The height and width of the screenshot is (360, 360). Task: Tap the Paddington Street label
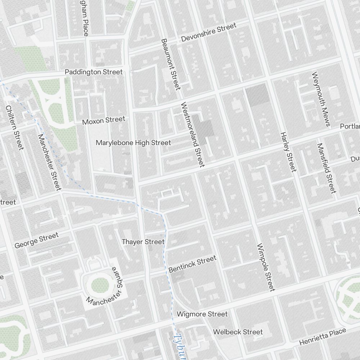[x=94, y=72]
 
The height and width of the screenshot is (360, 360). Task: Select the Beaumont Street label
[x=170, y=64]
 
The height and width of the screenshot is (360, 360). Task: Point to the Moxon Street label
[x=104, y=120]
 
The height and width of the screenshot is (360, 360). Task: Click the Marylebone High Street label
[x=133, y=143]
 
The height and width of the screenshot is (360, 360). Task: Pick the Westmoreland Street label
[x=193, y=135]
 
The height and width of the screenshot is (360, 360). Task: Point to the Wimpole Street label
[x=266, y=267]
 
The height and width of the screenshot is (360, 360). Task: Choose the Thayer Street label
[x=143, y=242]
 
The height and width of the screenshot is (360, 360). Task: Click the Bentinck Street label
[x=193, y=264]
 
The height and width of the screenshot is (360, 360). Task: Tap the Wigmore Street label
[x=202, y=314]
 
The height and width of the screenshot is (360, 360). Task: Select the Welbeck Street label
[x=238, y=332]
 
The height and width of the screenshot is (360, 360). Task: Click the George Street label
[x=36, y=240]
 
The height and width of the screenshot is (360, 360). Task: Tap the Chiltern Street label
[x=15, y=128]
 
